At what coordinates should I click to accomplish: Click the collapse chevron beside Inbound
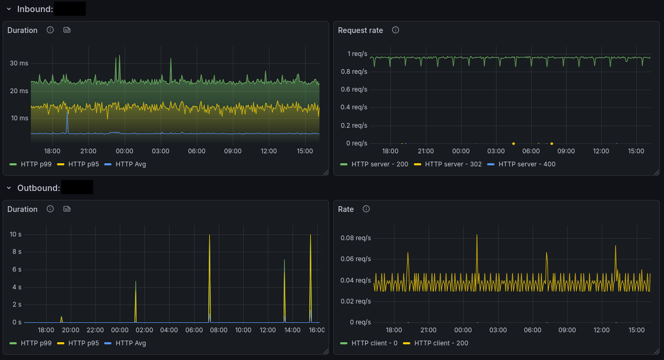pos(9,9)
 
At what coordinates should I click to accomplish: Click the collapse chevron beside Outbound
pos(9,188)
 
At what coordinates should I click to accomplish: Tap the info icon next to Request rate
pos(396,30)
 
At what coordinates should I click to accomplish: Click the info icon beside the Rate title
pos(366,209)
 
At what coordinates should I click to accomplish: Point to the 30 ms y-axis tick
pos(19,63)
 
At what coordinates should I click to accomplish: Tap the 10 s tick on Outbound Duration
pos(16,234)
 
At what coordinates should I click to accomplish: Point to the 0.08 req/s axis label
pos(356,238)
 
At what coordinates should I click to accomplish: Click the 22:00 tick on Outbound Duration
pos(95,330)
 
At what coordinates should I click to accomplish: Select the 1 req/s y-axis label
pos(357,54)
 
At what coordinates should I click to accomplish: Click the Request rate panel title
pos(361,30)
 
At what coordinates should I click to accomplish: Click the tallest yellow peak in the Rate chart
pos(477,235)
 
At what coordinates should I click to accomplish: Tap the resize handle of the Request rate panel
pos(656,172)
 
